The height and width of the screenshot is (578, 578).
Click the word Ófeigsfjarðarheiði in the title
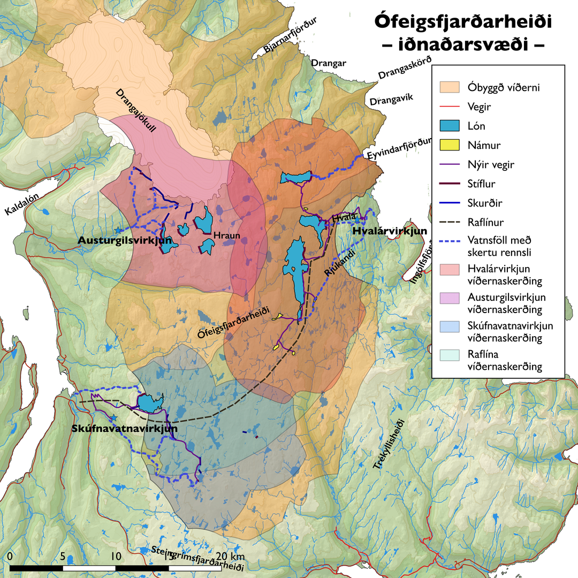coord(463,22)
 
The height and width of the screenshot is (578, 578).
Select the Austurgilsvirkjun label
coord(125,240)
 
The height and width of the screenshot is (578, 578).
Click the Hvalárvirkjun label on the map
coord(390,231)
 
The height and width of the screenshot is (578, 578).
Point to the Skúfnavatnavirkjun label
coord(124,429)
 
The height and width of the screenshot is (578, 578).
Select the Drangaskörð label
coord(405,69)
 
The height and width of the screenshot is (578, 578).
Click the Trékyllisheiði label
coord(390,445)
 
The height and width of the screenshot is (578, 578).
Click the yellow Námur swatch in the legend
coord(450,144)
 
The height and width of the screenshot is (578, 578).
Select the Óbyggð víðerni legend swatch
coord(450,87)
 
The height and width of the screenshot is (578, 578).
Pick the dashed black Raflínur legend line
coord(450,222)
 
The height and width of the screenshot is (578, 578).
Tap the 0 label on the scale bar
coord(10,556)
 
